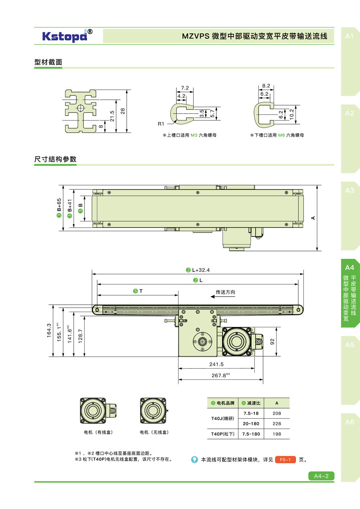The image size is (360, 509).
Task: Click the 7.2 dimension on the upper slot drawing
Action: tap(185, 88)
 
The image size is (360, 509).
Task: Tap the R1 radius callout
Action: tap(161, 124)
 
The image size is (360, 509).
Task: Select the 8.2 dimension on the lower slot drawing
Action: tap(266, 86)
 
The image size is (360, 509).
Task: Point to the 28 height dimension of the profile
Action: tap(123, 111)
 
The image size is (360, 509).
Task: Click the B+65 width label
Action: tap(59, 208)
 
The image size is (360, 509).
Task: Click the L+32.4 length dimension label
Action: tap(198, 270)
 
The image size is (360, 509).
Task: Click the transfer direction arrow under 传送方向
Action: tap(222, 297)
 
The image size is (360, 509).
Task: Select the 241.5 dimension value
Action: tap(216, 364)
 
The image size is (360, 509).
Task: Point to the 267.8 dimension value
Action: tap(220, 375)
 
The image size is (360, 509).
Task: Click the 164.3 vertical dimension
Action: tap(49, 331)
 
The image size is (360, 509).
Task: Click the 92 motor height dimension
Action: tap(272, 341)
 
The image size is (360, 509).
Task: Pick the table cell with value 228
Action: tap(277, 423)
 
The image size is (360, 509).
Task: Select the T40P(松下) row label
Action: tap(222, 434)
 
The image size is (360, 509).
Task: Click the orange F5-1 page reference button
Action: tap(285, 460)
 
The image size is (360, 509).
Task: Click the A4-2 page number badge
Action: tap(321, 476)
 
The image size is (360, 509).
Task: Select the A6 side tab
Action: tap(349, 422)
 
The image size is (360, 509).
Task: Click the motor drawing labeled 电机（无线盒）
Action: tap(154, 411)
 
